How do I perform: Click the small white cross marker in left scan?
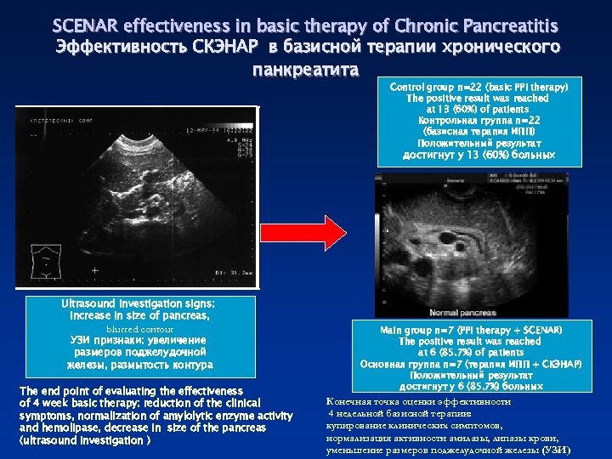pyautogui.click(x=94, y=270)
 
